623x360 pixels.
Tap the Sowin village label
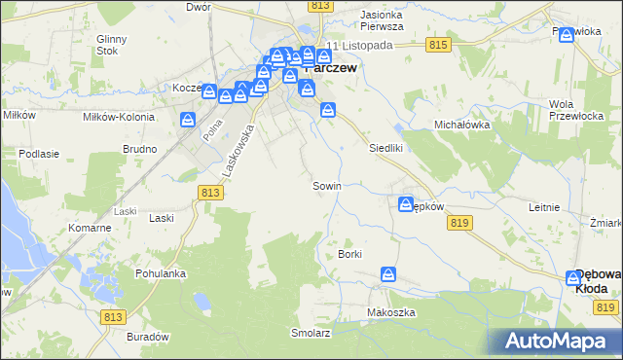point(325,185)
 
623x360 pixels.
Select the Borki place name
point(349,254)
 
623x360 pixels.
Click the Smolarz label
point(311,332)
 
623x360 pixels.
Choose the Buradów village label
point(147,336)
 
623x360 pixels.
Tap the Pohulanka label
point(161,273)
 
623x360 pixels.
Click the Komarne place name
point(89,227)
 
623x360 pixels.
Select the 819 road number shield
point(461,223)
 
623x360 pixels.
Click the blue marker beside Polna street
point(188,119)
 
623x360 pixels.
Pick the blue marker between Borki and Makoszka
point(388,274)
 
